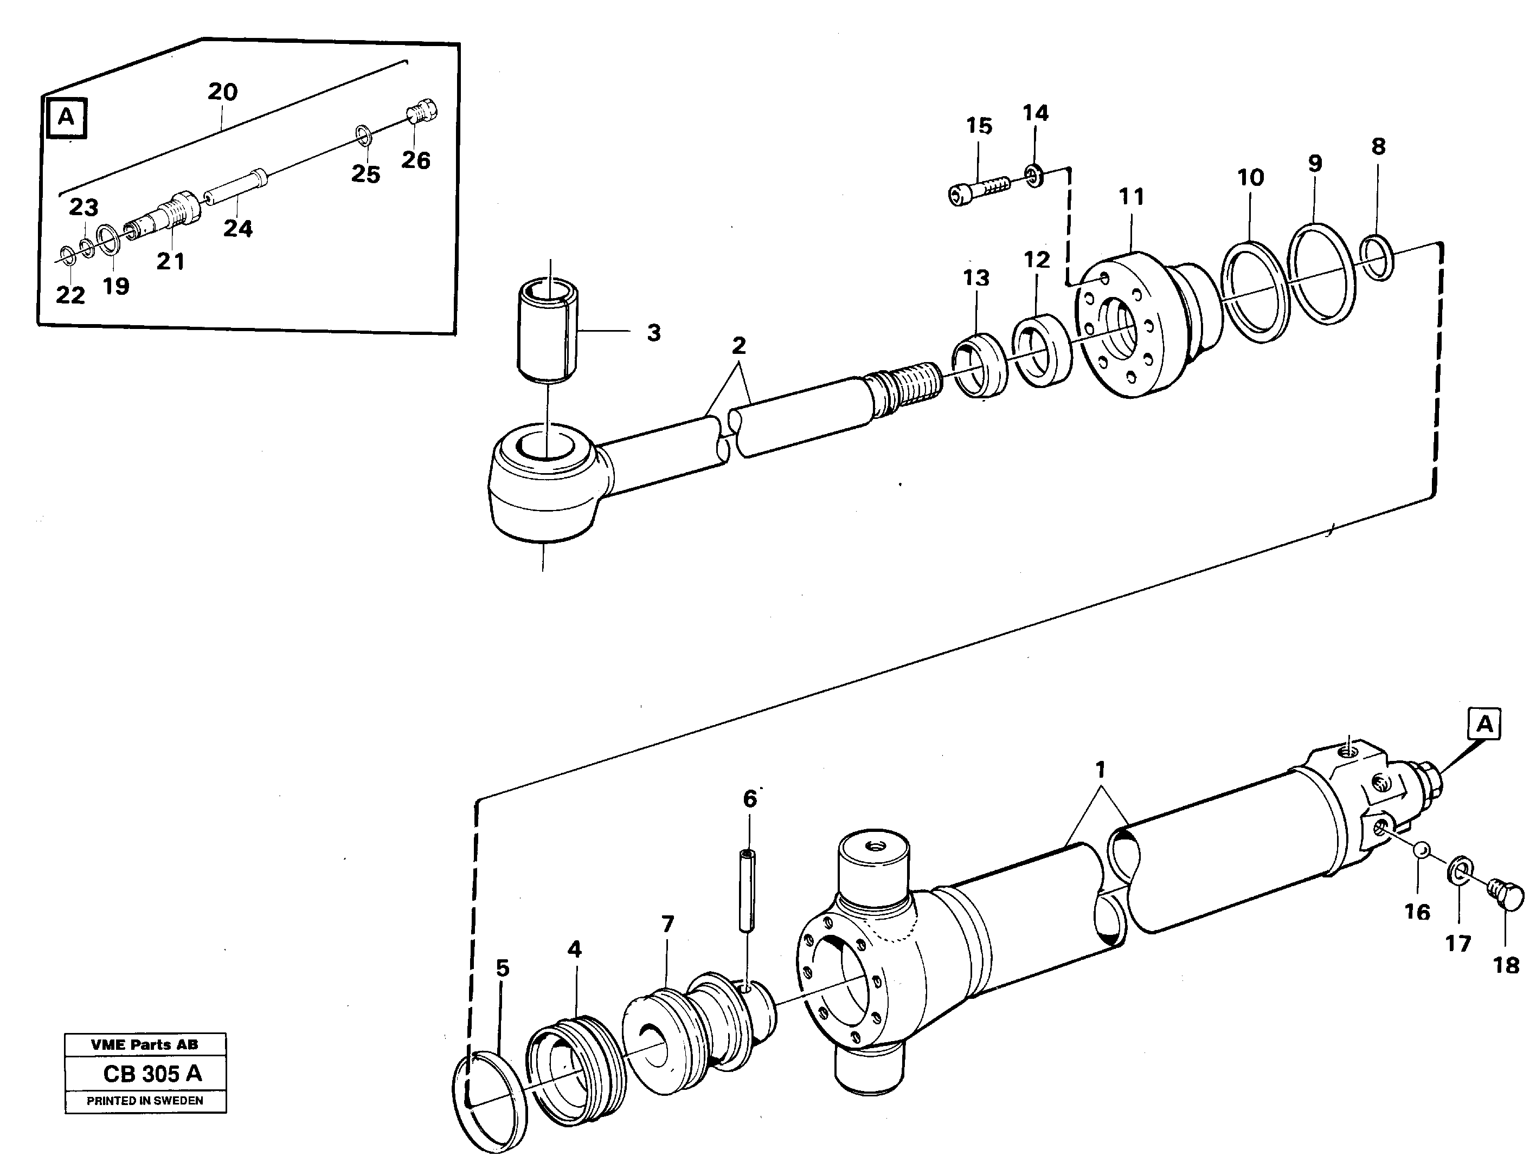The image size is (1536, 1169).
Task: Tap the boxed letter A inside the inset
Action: click(66, 118)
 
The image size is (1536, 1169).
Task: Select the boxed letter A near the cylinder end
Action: click(1484, 725)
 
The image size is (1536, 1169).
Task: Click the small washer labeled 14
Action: click(1033, 176)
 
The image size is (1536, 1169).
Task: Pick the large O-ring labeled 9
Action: click(1320, 274)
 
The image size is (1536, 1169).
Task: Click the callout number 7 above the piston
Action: click(667, 925)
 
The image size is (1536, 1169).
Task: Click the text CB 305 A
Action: click(152, 1074)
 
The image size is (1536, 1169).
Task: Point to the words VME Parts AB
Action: click(144, 1044)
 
